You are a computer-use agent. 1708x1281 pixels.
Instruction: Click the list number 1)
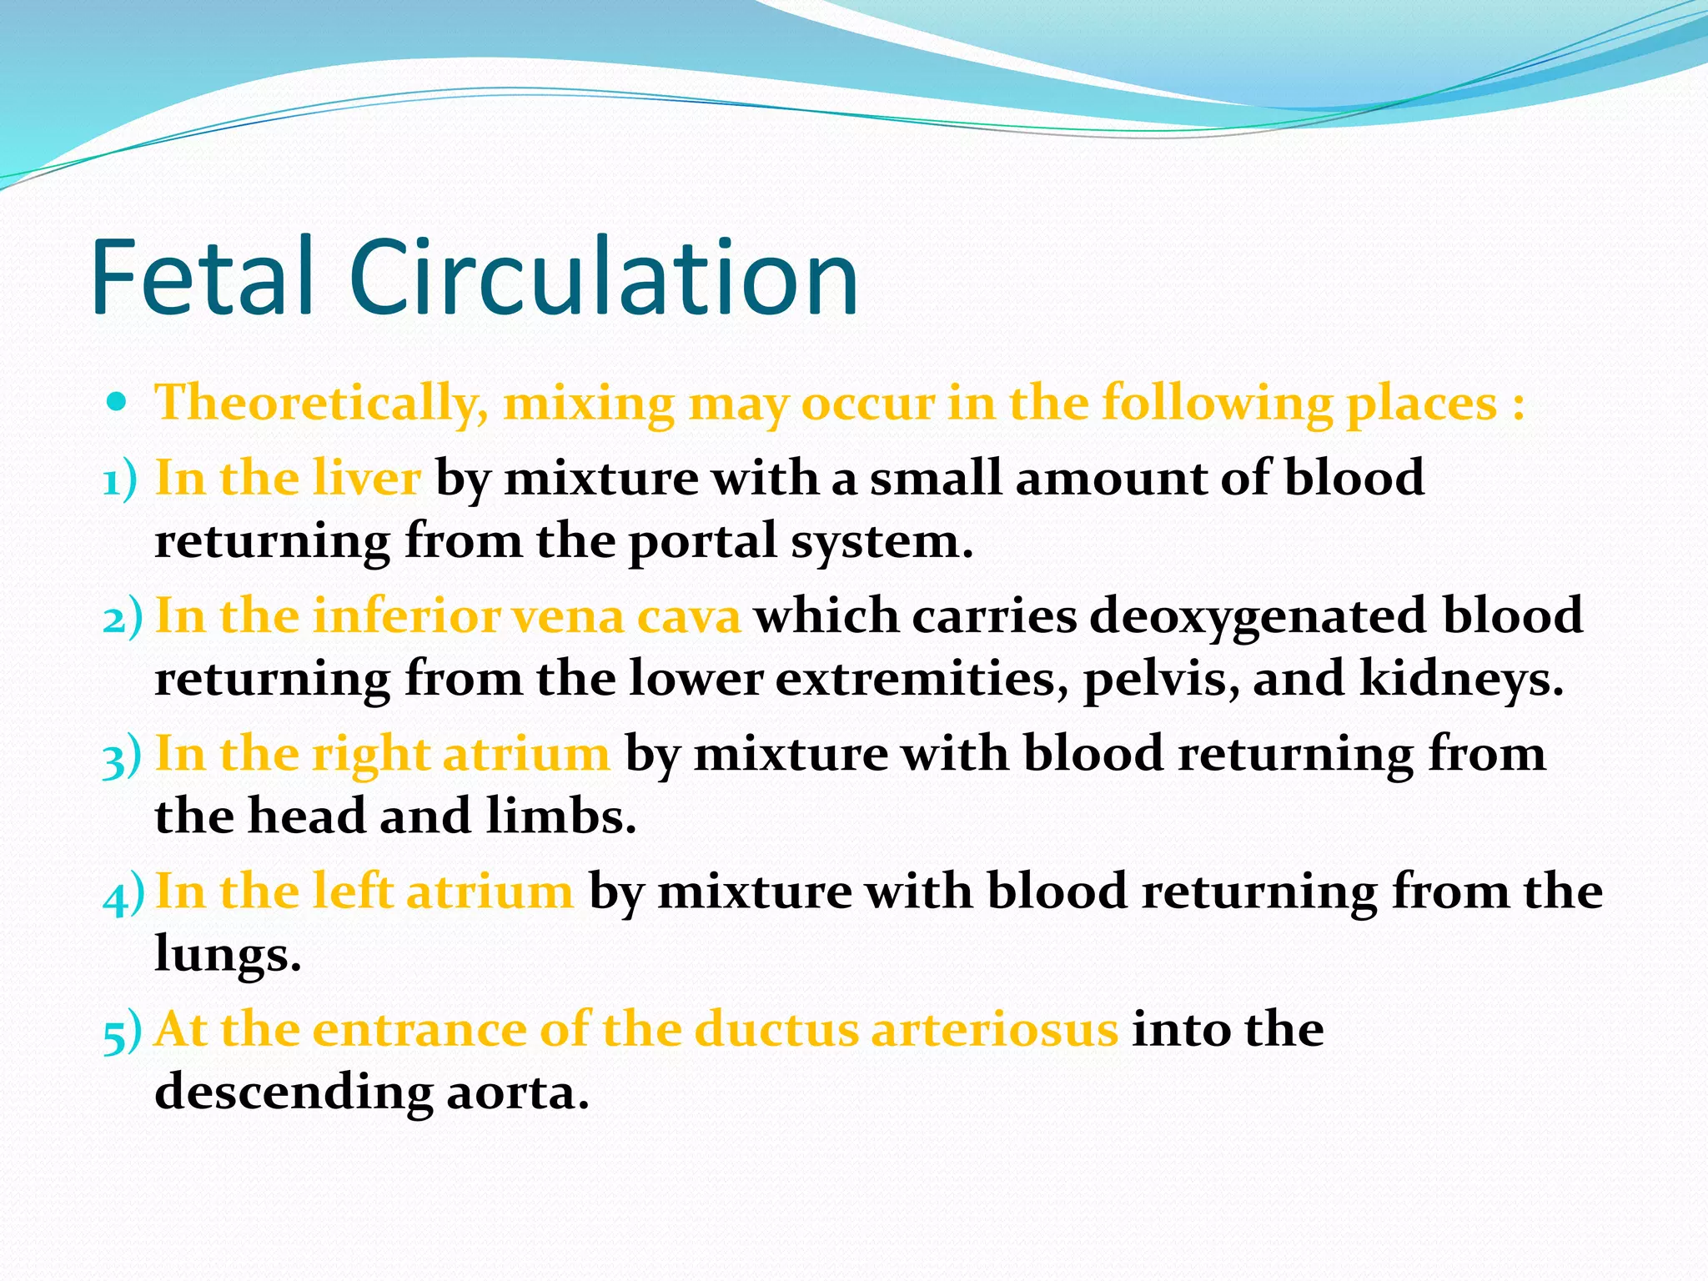pyautogui.click(x=120, y=481)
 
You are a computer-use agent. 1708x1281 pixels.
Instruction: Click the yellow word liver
pyautogui.click(x=366, y=478)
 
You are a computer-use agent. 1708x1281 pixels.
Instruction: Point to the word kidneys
pyautogui.click(x=1461, y=678)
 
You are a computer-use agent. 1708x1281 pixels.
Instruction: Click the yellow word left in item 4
pyautogui.click(x=351, y=892)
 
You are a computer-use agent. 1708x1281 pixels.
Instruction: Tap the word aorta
pyautogui.click(x=517, y=1093)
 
